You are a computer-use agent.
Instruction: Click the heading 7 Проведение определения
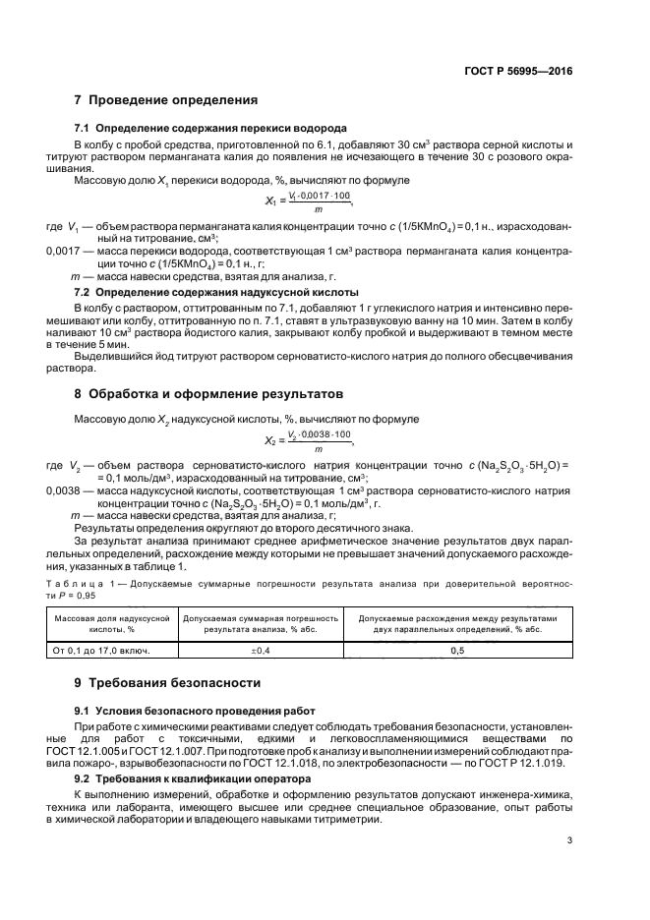(x=165, y=100)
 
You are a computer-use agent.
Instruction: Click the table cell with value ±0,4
(x=262, y=650)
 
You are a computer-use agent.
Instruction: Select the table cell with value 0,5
(x=457, y=650)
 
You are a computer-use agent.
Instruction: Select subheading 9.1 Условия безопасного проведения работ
(x=202, y=710)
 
